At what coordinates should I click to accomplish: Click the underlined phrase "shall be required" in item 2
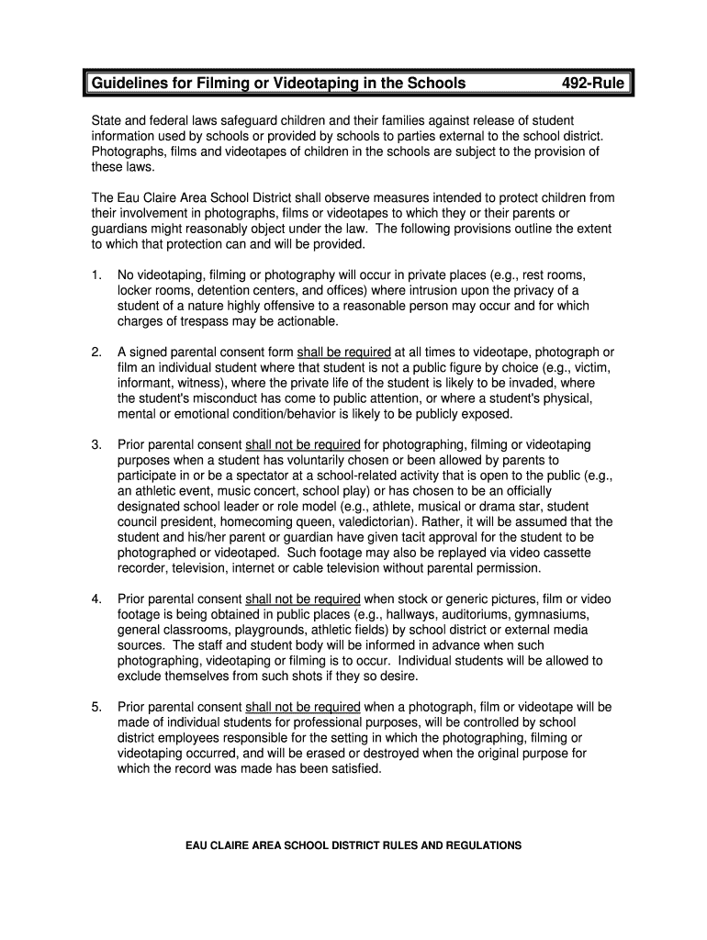click(x=344, y=352)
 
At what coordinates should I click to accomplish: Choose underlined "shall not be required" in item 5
click(x=303, y=707)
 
